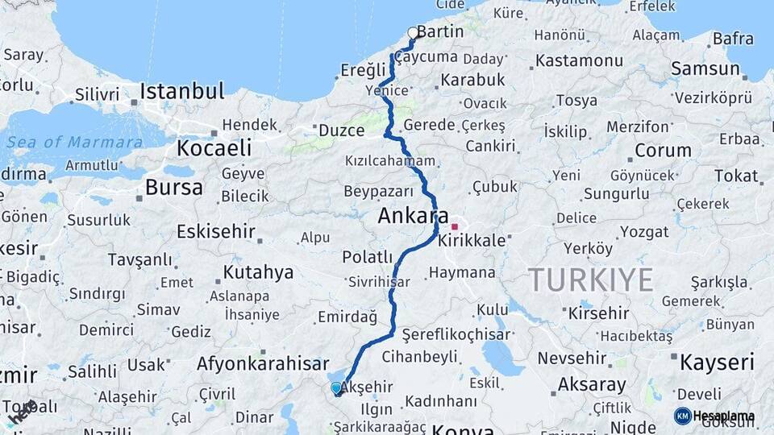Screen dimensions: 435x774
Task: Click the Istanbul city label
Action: point(181,91)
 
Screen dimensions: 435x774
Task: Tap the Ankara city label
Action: point(413,216)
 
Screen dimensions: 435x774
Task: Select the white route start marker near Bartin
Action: point(413,33)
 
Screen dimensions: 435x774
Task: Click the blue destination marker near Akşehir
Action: point(336,388)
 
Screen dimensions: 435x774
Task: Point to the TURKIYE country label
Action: point(591,280)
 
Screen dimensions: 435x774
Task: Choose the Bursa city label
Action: point(174,188)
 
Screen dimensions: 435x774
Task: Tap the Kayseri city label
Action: point(718,362)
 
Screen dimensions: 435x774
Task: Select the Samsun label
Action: point(705,68)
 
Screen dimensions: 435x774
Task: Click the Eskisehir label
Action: point(216,232)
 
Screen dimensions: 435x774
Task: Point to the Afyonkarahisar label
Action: point(263,363)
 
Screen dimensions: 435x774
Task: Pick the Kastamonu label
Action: point(580,60)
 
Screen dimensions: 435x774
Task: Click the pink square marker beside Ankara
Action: point(455,226)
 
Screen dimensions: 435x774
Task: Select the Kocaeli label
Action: point(214,148)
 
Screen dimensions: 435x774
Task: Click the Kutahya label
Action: point(258,272)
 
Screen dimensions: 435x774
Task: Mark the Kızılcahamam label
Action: point(390,160)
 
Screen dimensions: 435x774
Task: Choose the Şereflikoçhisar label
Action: point(456,334)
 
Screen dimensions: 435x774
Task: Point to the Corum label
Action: point(663,151)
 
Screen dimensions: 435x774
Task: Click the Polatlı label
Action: point(367,257)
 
